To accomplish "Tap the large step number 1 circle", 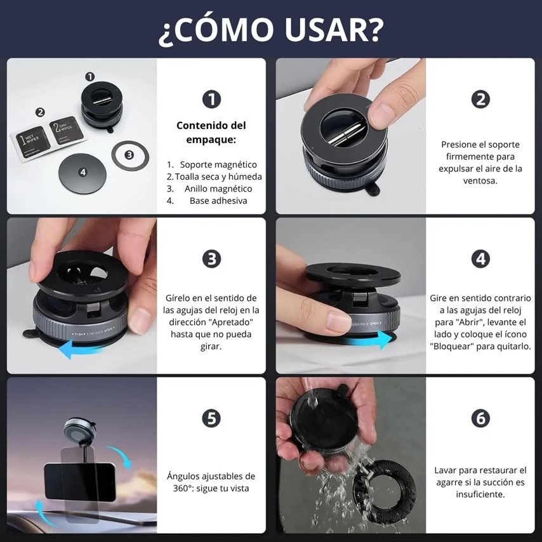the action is click(x=211, y=100).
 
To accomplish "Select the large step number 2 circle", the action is click(x=480, y=100).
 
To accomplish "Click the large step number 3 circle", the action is click(x=211, y=259).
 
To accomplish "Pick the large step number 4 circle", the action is click(x=480, y=259).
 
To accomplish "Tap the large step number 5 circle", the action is click(x=211, y=419).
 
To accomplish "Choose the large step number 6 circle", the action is click(x=480, y=419).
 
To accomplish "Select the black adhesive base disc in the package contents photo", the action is click(x=83, y=173).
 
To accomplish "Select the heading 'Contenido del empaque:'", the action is click(x=211, y=133).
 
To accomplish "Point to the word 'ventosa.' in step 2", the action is click(x=480, y=181).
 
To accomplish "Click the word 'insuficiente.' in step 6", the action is click(x=480, y=494).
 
